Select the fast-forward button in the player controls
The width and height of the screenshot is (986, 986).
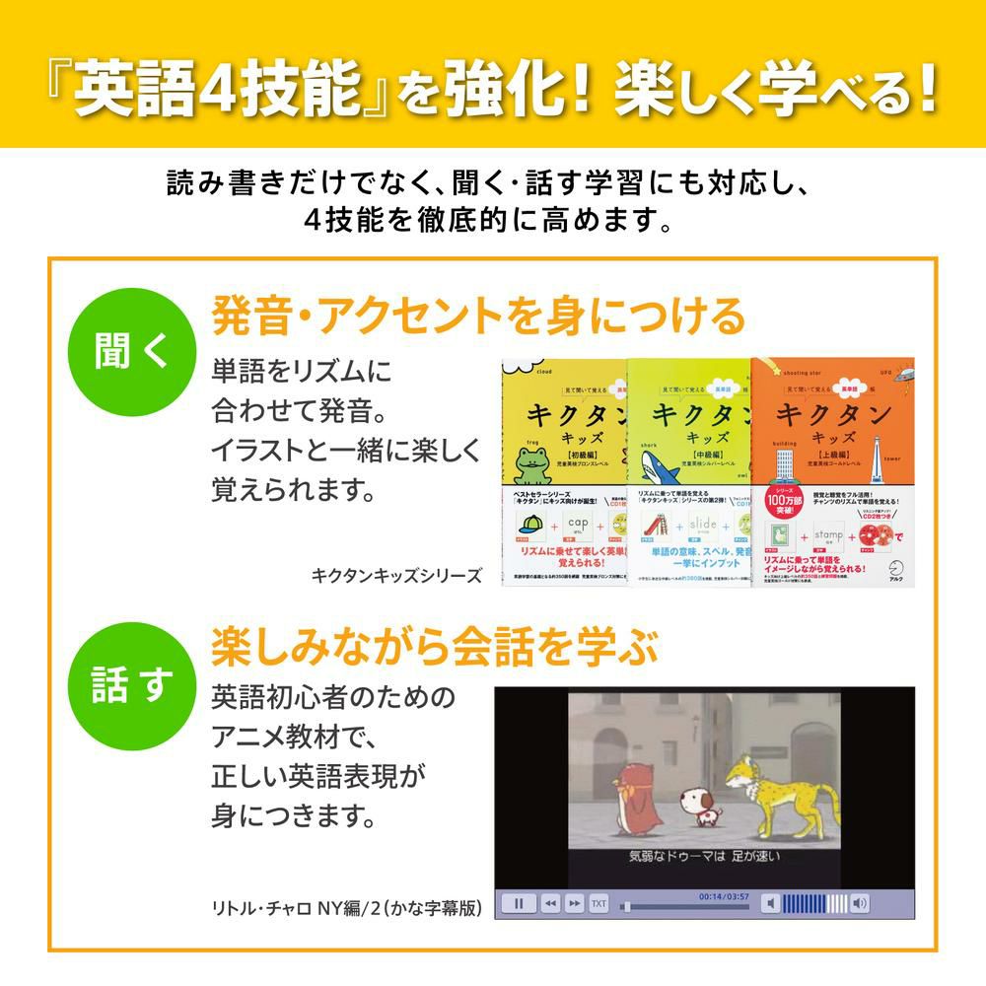575,903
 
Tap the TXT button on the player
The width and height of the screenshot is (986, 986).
599,903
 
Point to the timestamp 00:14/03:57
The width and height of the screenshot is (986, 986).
723,896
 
